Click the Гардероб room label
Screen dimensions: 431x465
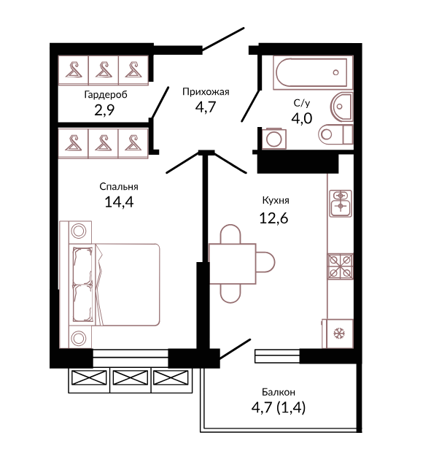[106, 95]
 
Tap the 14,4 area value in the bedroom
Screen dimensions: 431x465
[119, 202]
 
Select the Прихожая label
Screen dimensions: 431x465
[206, 92]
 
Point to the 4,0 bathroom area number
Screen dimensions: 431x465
[301, 118]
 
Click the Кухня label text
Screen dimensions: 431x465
[276, 201]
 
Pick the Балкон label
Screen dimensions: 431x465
[279, 392]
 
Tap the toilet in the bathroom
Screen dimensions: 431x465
[336, 134]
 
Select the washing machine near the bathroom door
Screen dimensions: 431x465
[274, 139]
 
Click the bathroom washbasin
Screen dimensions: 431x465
[341, 107]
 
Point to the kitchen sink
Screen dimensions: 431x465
[341, 204]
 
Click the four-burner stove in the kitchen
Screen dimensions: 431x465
[341, 266]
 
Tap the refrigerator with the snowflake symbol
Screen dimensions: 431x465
[338, 334]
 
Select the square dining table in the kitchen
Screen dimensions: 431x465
[232, 264]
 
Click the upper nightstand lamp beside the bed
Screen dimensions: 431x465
[79, 231]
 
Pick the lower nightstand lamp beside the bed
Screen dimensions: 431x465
[78, 338]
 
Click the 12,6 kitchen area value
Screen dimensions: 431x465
[273, 218]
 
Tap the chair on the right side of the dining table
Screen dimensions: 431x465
[265, 262]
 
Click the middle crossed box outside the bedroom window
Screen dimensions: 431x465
[131, 378]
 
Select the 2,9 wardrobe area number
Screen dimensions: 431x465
[104, 110]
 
